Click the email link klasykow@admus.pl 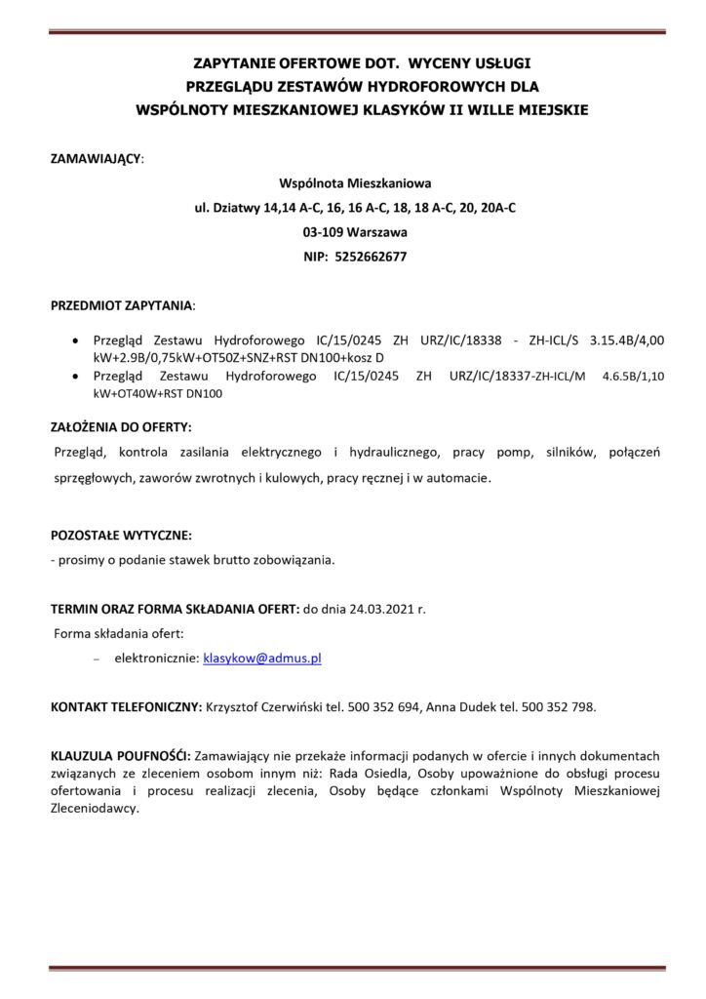[261, 659]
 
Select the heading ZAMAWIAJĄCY [96, 156]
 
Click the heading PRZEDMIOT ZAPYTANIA [122, 305]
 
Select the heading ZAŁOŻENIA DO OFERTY [121, 427]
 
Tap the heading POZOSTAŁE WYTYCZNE [121, 536]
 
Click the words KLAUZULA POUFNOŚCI [121, 755]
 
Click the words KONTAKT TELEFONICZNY [126, 706]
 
